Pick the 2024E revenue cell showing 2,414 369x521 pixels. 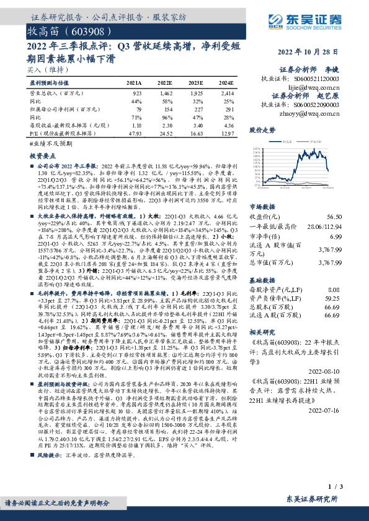pyautogui.click(x=226, y=92)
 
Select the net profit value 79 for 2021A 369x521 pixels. pyautogui.click(x=138, y=108)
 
